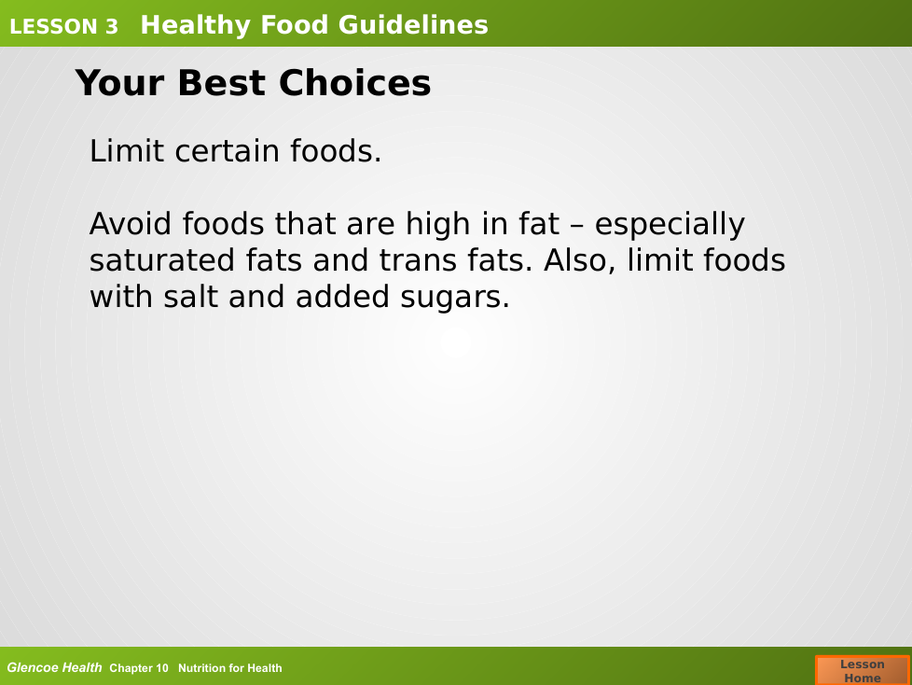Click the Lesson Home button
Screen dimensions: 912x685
point(863,670)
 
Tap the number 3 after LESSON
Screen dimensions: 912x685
point(112,27)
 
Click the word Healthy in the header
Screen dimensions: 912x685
point(196,25)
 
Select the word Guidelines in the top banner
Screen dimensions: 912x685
point(413,25)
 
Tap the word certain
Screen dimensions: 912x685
point(228,151)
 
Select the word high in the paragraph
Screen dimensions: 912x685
point(437,223)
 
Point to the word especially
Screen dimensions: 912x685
point(670,225)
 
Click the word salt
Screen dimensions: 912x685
point(190,297)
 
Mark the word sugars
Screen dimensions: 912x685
point(455,298)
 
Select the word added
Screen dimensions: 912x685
point(342,297)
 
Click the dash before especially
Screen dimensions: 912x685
point(577,227)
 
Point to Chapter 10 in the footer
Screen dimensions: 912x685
point(138,668)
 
